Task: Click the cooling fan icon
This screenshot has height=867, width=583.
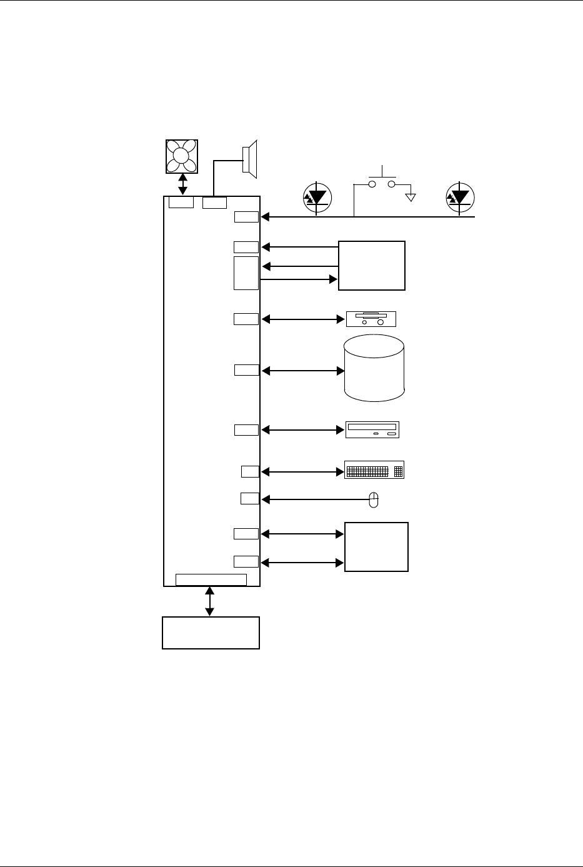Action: pos(182,156)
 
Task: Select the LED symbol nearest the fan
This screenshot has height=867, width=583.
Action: pos(318,198)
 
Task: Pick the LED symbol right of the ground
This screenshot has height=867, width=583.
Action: pos(460,198)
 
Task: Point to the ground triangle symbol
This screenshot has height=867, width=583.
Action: pos(410,198)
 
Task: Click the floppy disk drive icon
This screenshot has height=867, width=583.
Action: pos(371,319)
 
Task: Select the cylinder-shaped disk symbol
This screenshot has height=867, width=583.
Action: pos(374,368)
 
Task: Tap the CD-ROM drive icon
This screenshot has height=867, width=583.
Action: pos(372,429)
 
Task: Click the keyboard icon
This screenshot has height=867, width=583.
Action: pos(374,470)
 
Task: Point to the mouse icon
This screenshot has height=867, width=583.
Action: pos(374,499)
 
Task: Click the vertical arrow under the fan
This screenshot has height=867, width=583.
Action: pos(182,185)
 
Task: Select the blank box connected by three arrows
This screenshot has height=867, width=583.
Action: pos(372,265)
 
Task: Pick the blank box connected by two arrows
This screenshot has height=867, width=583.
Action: pos(376,546)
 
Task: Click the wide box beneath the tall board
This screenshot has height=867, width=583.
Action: pos(211,633)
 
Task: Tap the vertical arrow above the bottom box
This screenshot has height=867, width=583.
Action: pos(210,601)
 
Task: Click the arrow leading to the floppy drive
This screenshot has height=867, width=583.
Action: pos(303,319)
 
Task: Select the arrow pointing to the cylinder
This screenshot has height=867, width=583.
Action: pos(303,371)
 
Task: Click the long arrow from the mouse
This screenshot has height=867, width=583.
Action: pos(316,499)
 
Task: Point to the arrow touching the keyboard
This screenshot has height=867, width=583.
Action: pos(303,471)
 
